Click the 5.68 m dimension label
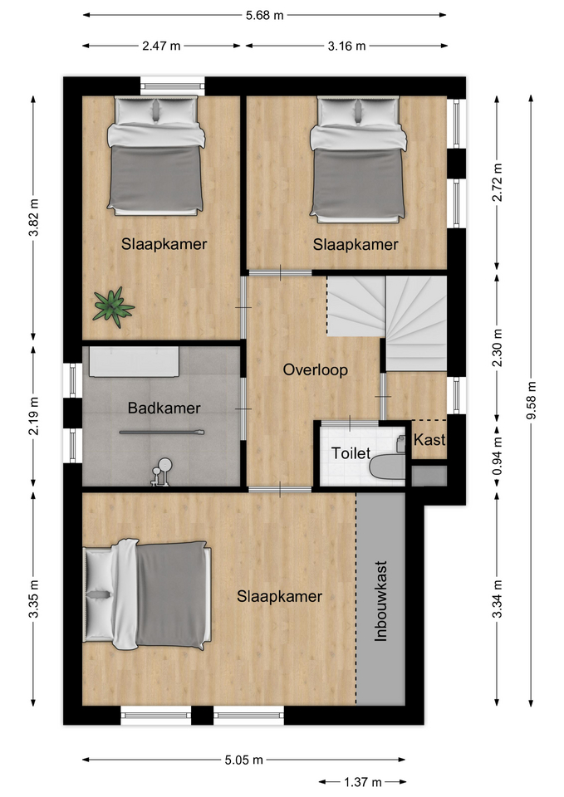click(x=264, y=15)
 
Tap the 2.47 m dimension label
click(x=161, y=46)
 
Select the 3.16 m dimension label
click(x=346, y=46)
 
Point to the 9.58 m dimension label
click(x=532, y=400)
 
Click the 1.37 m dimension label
click(x=363, y=781)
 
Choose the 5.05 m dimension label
click(x=244, y=760)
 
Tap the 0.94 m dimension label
click(x=498, y=456)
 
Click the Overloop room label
click(x=316, y=369)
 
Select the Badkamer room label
click(x=164, y=408)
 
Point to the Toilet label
click(x=351, y=453)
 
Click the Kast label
click(x=429, y=440)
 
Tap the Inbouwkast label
click(x=381, y=601)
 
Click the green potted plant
click(x=113, y=306)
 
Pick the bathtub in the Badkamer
click(x=135, y=362)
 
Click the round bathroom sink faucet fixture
click(x=162, y=472)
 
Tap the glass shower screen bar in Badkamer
click(x=162, y=433)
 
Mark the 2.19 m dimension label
click(x=33, y=417)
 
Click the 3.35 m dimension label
click(x=33, y=599)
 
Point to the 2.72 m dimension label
click(x=498, y=182)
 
